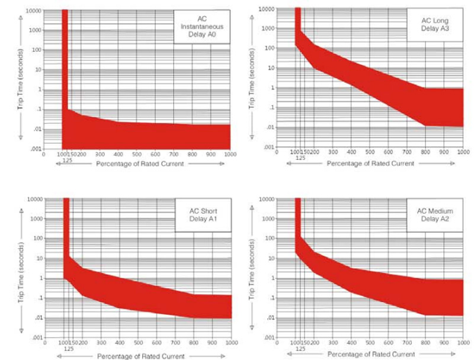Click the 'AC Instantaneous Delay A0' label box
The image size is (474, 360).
click(x=201, y=26)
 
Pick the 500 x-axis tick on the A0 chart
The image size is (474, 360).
click(x=137, y=155)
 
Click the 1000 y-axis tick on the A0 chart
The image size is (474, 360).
click(x=34, y=31)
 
